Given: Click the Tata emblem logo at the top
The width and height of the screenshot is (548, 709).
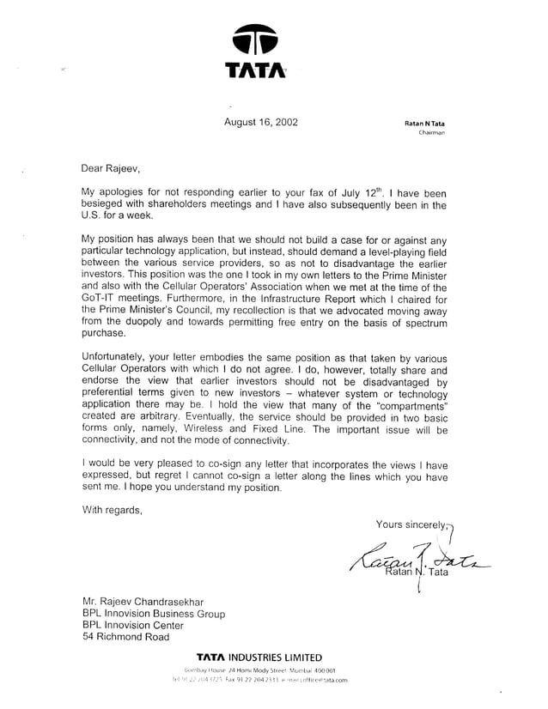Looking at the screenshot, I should pos(255,41).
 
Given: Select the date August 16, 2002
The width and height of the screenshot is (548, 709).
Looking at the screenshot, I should pos(261,121).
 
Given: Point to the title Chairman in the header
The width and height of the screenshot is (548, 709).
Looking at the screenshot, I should pos(430,134).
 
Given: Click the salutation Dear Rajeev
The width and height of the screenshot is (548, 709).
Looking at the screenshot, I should pos(109,167).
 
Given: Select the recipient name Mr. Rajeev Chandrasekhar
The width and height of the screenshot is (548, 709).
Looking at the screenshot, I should pos(143,603).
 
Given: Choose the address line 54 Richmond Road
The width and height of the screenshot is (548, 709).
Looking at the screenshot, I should pos(125,637).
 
